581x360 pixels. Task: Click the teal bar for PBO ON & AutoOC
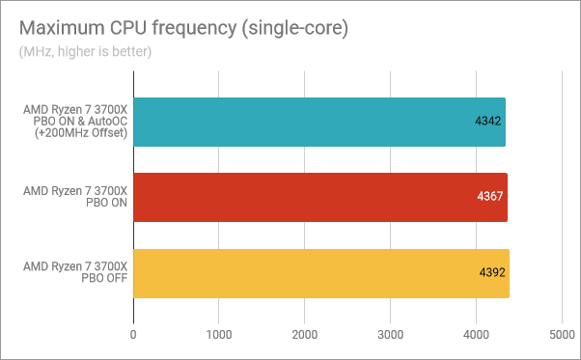tap(318, 121)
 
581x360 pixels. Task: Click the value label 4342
tap(486, 121)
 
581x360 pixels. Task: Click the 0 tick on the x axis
tap(133, 335)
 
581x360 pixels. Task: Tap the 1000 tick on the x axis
tap(219, 335)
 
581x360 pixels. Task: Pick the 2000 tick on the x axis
tap(305, 335)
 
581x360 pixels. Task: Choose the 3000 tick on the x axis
tap(391, 335)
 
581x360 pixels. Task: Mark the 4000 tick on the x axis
tap(477, 335)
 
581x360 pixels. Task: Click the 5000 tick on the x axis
tap(562, 335)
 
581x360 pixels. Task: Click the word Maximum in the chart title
tap(59, 28)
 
